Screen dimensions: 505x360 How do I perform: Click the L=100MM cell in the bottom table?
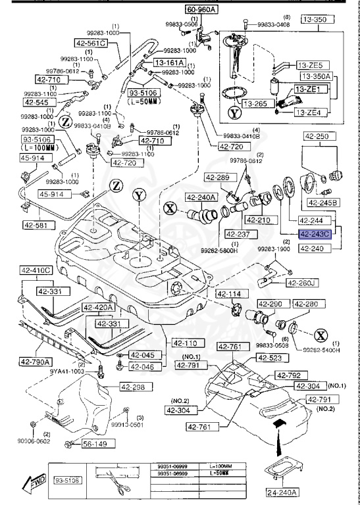(224, 466)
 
